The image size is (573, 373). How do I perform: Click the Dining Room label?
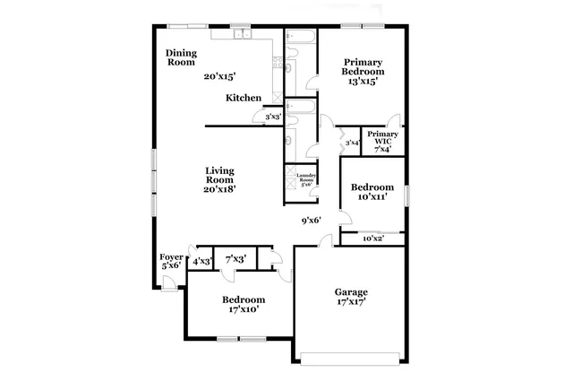181,57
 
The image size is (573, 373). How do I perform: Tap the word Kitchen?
244,98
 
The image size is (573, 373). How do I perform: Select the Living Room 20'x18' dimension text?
219,189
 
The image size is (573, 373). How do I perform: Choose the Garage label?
351,292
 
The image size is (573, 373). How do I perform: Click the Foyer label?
170,257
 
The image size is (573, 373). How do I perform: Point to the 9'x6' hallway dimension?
311,220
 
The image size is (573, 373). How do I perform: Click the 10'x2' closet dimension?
373,239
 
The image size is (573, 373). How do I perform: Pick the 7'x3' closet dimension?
236,260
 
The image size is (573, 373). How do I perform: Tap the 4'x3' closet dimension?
201,261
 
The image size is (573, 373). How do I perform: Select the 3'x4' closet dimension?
352,143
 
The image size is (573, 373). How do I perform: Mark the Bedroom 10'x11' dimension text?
372,196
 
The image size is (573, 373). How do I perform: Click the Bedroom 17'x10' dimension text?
244,310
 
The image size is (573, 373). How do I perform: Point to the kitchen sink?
242,35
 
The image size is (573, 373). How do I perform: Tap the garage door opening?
351,360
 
